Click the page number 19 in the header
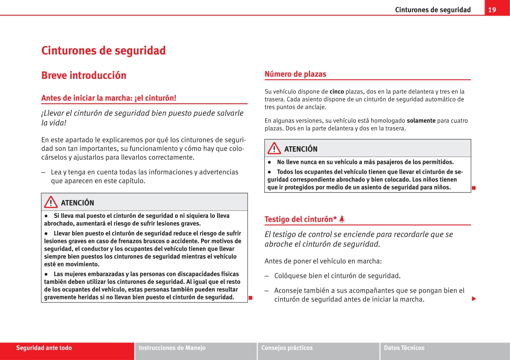tap(492, 10)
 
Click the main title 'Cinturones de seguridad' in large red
tap(103, 50)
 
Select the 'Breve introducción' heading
tap(83, 75)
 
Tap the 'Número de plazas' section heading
tap(295, 74)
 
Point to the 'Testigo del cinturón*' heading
tap(300, 219)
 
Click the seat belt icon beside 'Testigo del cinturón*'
tap(342, 219)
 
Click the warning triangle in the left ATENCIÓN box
tap(51, 202)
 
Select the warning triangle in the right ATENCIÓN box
tap(274, 149)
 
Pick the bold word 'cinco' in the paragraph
tap(336, 91)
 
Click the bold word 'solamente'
tap(421, 120)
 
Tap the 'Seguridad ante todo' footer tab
tap(44, 348)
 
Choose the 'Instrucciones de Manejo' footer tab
tap(172, 348)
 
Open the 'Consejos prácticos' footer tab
tap(287, 348)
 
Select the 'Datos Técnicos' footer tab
tap(404, 348)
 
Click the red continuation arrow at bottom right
tap(474, 299)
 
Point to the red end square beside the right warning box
tap(473, 187)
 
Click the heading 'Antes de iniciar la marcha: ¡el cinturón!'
tap(109, 98)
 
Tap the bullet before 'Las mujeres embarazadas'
tap(46, 274)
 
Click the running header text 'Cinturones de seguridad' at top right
tap(433, 10)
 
